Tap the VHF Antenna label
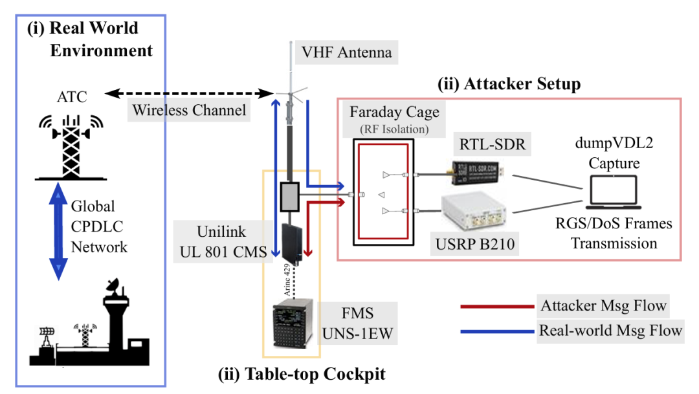[x=346, y=52]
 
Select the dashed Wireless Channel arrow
[x=189, y=94]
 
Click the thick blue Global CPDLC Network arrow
[x=58, y=232]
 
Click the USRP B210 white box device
[x=473, y=211]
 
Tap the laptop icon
[x=614, y=192]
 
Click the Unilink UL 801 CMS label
[x=223, y=241]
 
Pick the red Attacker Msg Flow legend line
[x=497, y=306]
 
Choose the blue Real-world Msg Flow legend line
[x=497, y=331]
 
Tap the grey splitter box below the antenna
[x=290, y=197]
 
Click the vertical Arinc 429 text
[x=287, y=280]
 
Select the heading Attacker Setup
[x=509, y=83]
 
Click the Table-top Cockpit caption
[x=302, y=373]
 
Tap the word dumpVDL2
[x=614, y=142]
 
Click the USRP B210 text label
[x=475, y=244]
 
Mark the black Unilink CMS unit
[x=293, y=243]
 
